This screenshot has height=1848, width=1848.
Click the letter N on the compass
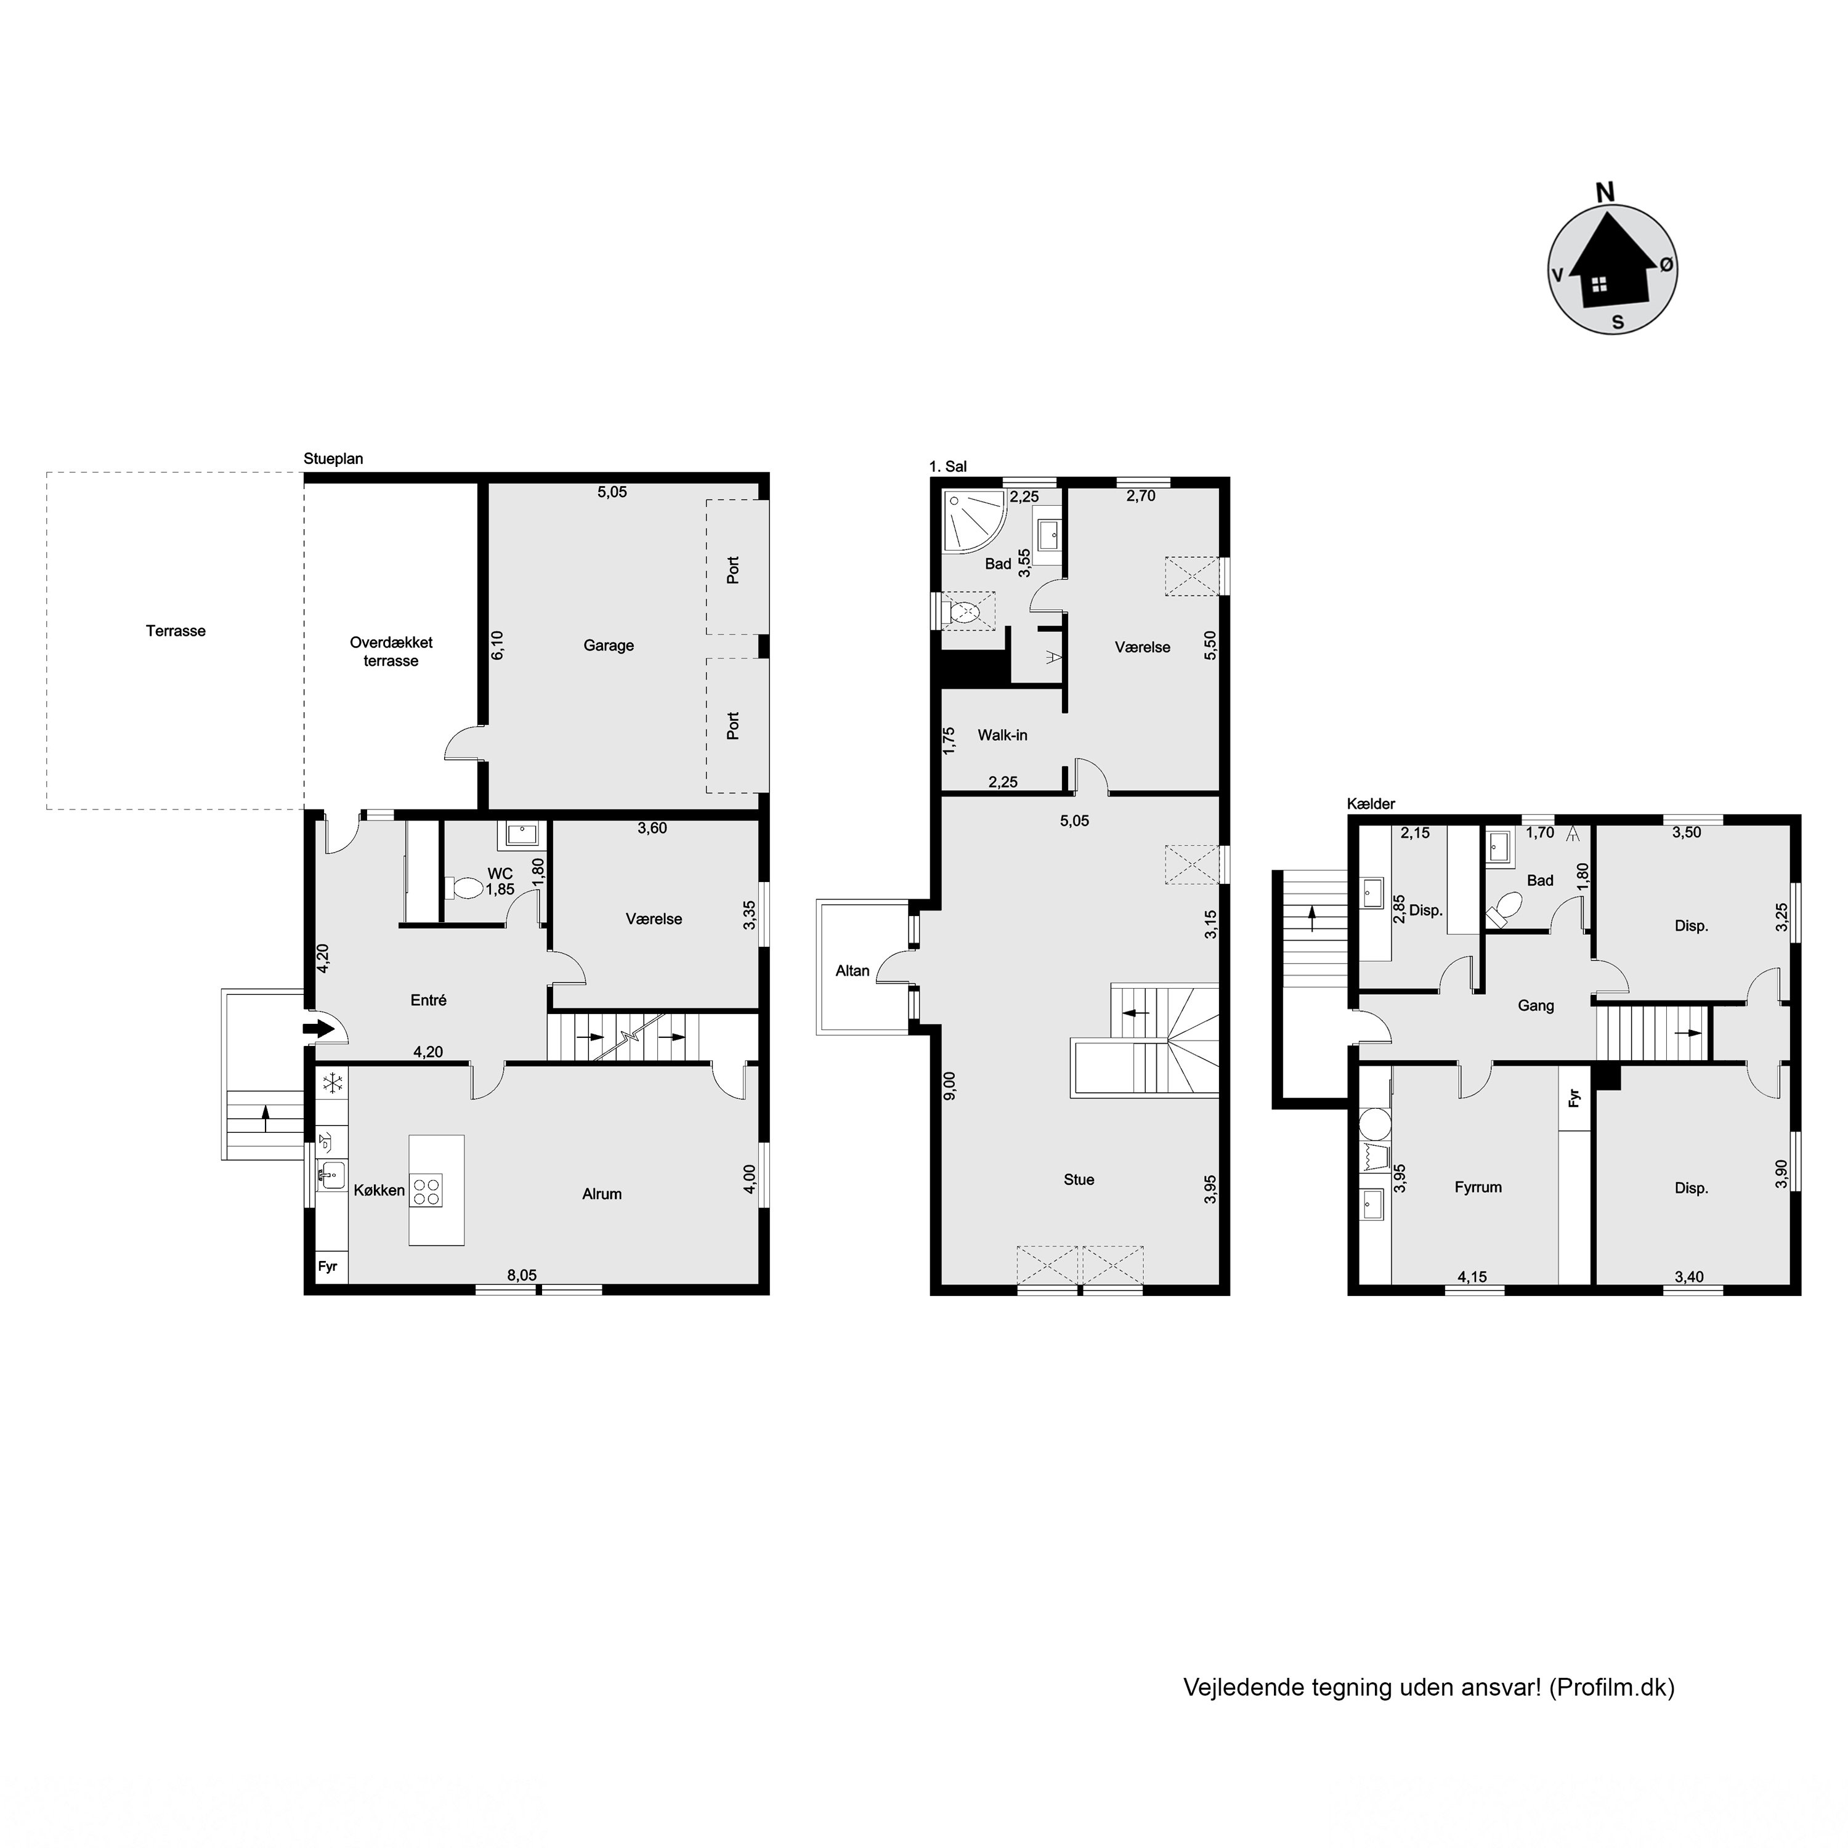(1605, 192)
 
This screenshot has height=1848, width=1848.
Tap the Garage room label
(609, 646)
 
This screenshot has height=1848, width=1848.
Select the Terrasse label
(176, 631)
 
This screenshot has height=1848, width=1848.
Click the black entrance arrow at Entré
(318, 1029)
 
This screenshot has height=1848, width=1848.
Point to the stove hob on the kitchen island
(428, 1188)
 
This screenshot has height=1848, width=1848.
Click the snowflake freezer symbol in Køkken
(333, 1084)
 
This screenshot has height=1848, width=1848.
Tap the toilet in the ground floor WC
(465, 889)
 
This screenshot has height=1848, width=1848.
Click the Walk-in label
(1002, 736)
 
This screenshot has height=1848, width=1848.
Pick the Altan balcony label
(853, 971)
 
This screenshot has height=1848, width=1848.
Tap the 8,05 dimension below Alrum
(522, 1275)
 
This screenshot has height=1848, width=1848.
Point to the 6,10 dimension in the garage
(497, 645)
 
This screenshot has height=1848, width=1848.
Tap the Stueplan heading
(333, 459)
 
